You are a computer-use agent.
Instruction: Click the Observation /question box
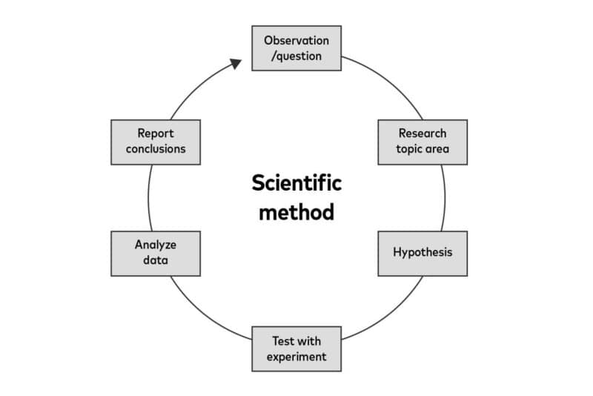coord(296,48)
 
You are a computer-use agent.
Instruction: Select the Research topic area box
coord(423,142)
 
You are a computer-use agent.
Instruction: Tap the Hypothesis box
coord(423,253)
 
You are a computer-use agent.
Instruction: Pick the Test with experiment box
coord(296,349)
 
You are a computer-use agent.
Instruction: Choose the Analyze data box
coord(156,253)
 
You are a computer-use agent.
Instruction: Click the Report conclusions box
coord(156,142)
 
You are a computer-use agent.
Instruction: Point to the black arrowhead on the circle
coord(236,64)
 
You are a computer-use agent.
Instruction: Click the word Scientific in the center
coord(296,182)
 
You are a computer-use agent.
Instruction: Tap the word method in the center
coord(296,212)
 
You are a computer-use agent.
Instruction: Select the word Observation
coord(296,40)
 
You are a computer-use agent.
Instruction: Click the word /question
coord(296,56)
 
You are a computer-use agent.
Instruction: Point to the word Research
coord(423,133)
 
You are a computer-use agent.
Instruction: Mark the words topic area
coord(423,150)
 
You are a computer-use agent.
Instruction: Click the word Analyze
coord(156,245)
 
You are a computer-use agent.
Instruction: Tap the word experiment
coord(296,357)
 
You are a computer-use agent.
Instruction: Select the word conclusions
coord(156,150)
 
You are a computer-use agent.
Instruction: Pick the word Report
coord(156,133)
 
